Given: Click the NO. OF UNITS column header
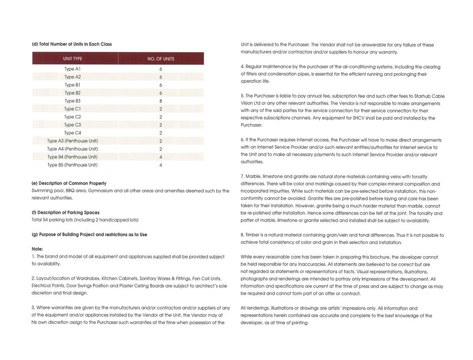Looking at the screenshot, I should [x=161, y=59].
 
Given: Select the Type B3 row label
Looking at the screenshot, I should [x=72, y=101].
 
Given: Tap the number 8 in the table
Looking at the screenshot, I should [x=161, y=101].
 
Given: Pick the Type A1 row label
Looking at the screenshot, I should [x=72, y=69].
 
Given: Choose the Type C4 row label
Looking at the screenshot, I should [x=72, y=133].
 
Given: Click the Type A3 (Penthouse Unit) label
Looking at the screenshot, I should [x=72, y=141].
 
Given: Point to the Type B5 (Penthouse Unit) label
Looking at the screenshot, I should [x=72, y=165].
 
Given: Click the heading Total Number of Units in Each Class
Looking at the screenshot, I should [x=72, y=44].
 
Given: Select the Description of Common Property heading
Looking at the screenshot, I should [x=69, y=183].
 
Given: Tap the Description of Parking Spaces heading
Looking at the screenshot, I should [x=65, y=212].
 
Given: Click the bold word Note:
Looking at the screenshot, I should [x=37, y=249].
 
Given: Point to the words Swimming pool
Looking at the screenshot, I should [x=47, y=191].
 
